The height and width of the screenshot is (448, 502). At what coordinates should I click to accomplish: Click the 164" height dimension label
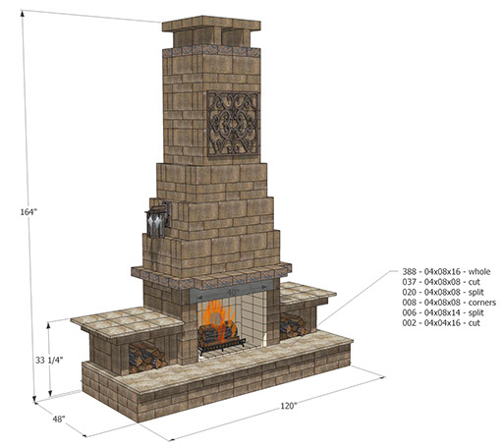28,212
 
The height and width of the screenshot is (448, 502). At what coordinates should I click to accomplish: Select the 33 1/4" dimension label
49,361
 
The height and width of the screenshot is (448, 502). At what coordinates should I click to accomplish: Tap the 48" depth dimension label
59,419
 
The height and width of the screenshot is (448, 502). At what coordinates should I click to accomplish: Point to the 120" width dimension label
289,406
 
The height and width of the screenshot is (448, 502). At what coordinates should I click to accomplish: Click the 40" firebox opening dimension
233,292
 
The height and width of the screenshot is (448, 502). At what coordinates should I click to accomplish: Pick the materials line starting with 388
446,271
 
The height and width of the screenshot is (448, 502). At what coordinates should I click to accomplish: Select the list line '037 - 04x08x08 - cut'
441,282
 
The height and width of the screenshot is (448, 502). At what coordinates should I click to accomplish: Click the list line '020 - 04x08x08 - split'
443,292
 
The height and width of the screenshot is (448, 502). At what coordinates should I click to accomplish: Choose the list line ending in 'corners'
449,303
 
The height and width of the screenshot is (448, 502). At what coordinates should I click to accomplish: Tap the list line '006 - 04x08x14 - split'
443,312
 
